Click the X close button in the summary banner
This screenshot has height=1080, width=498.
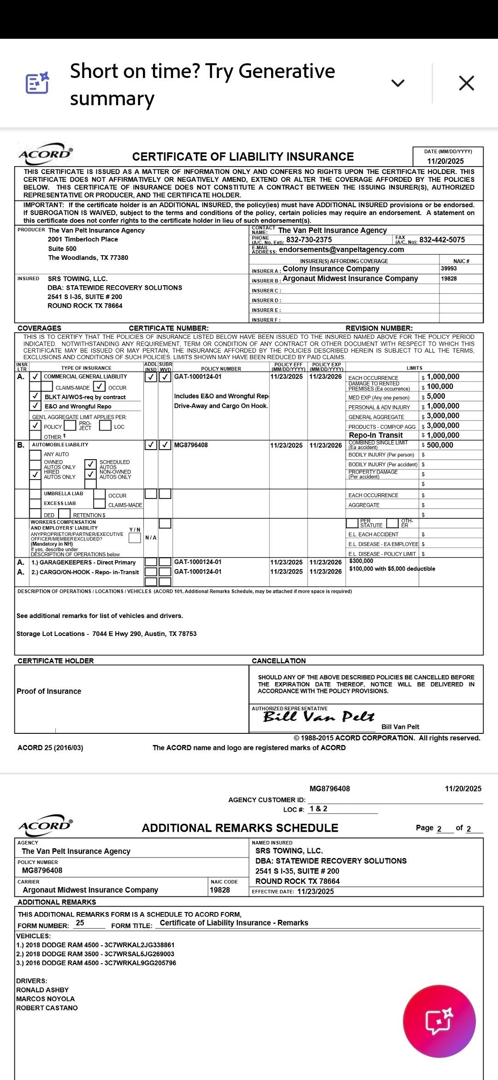[466, 83]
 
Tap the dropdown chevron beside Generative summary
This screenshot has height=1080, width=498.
[397, 83]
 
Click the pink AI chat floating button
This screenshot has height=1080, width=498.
[439, 1021]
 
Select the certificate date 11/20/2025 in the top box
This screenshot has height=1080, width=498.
[445, 161]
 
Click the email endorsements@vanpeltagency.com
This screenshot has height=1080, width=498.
[341, 250]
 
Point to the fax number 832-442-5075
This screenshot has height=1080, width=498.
[442, 240]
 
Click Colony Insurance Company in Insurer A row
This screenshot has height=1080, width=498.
[331, 269]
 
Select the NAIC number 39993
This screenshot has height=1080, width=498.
[449, 269]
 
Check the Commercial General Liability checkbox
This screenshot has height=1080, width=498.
[36, 377]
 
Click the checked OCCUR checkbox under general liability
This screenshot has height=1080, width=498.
[99, 387]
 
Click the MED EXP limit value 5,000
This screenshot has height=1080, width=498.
[436, 396]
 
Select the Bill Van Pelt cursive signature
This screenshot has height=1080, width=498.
[319, 717]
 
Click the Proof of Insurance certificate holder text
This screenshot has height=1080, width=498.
[49, 691]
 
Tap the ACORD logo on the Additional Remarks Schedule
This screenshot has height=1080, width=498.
[45, 826]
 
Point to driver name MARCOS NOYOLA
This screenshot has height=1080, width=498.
[45, 999]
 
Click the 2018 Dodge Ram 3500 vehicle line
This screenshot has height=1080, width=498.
[95, 954]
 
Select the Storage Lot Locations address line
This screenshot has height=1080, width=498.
[107, 634]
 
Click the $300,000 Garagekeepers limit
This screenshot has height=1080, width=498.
[361, 561]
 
